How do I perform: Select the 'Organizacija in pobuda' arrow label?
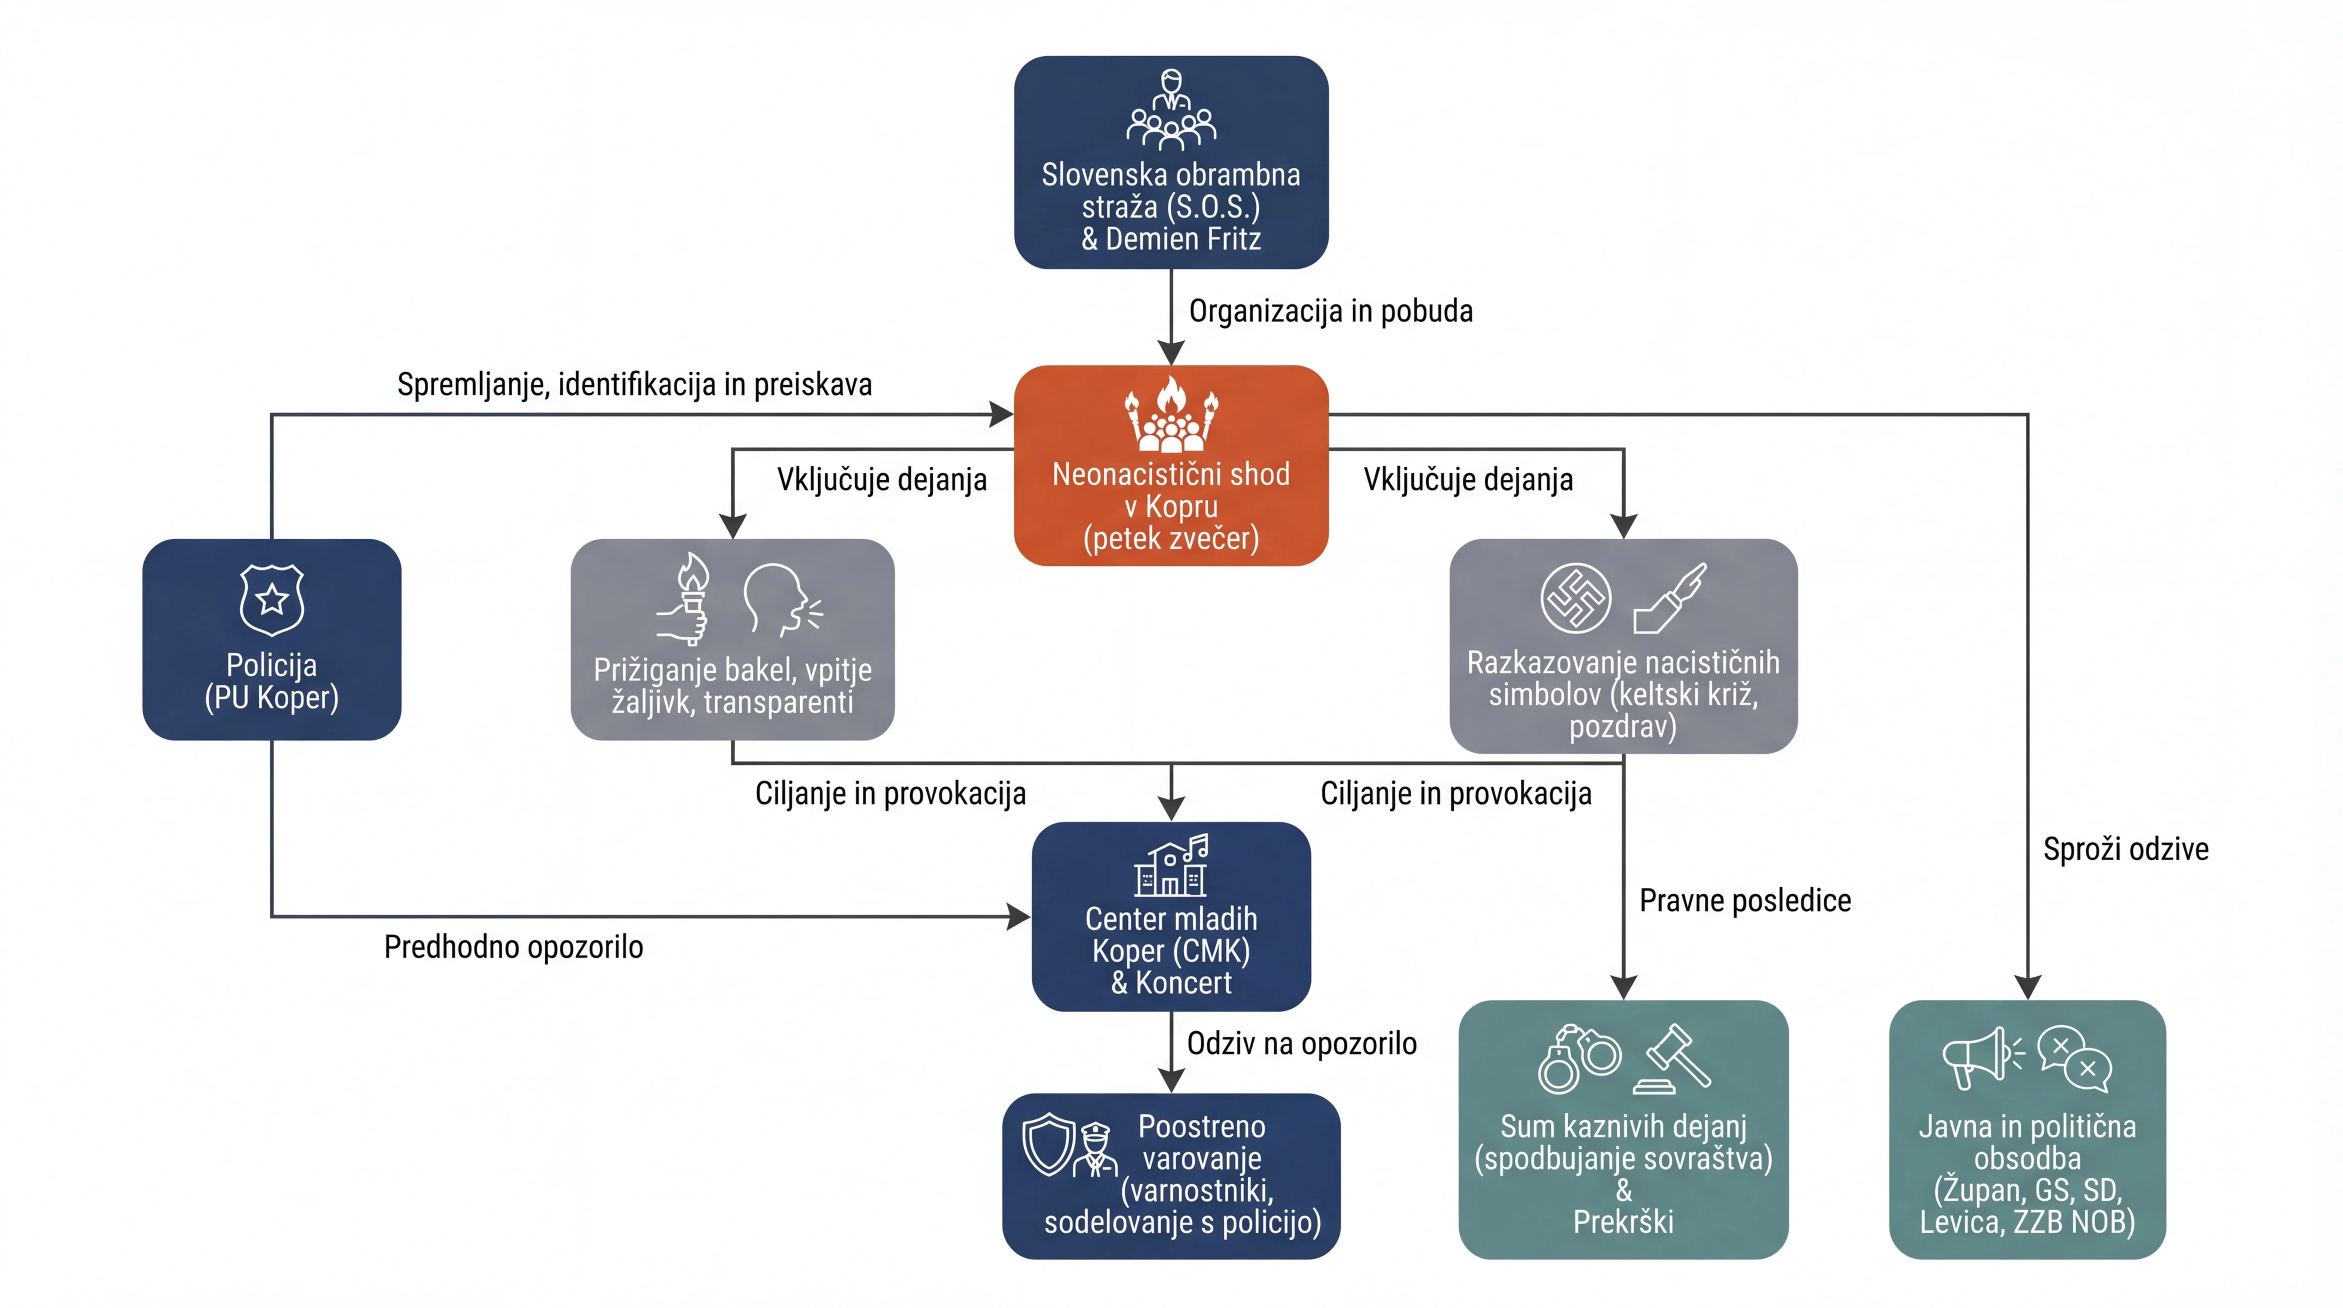[1331, 311]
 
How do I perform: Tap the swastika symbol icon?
[1575, 598]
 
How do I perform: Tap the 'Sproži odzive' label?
[2125, 849]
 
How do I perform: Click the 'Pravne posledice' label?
[1744, 901]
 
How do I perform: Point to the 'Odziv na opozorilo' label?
[1302, 1043]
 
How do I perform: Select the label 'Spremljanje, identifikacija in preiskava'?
[634, 385]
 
